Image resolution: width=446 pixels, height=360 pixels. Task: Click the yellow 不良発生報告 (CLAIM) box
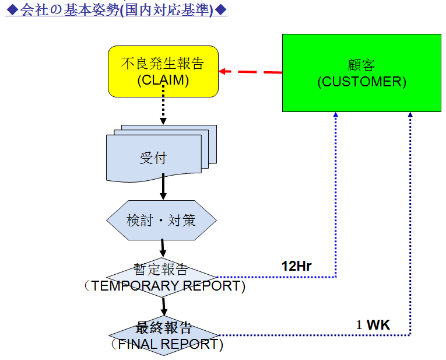tap(163, 71)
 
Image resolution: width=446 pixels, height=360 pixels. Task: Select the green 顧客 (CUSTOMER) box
tap(361, 73)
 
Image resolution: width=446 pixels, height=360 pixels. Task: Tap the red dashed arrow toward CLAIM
tap(251, 72)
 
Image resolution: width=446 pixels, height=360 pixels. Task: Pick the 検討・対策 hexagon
tap(161, 220)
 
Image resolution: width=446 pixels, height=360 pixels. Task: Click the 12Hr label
tap(296, 266)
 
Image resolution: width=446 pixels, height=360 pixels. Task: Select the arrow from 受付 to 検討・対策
tap(163, 189)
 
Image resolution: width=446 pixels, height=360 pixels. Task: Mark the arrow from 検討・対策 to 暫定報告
tap(163, 247)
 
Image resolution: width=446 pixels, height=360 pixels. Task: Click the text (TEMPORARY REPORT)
tap(164, 286)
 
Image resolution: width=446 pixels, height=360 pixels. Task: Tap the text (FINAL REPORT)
tap(167, 344)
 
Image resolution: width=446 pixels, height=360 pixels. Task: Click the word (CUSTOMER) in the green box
tap(361, 82)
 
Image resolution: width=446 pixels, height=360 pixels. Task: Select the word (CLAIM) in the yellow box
tap(163, 81)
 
